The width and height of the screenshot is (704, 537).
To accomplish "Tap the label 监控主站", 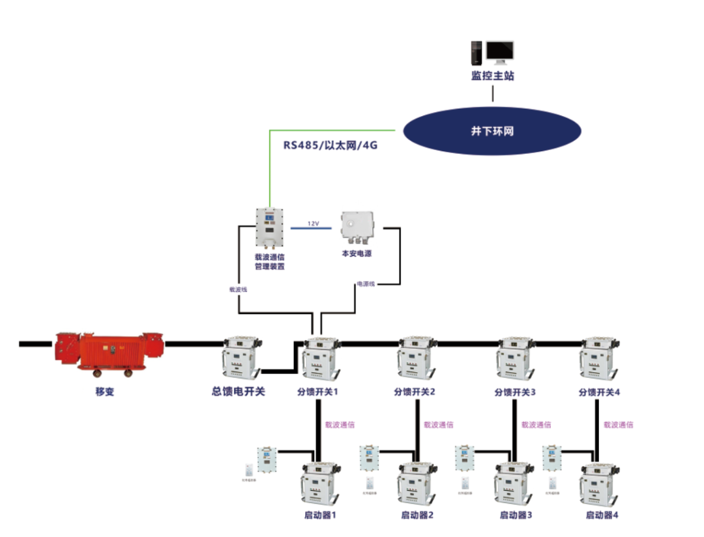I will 493,76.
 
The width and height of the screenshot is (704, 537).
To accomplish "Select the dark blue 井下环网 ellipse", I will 492,131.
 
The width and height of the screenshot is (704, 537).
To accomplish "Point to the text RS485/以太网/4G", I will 330,146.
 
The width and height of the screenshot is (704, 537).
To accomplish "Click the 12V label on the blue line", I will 314,224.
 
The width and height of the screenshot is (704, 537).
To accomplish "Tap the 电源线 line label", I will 365,284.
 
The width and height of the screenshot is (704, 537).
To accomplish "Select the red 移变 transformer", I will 109,353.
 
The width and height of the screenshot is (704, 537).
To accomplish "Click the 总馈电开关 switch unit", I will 242,358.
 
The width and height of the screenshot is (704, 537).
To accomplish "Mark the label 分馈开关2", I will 415,392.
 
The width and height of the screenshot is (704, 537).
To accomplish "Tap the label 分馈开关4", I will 600,392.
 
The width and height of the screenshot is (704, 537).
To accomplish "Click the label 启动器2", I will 418,515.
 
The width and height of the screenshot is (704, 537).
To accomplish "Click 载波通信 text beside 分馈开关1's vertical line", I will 340,424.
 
